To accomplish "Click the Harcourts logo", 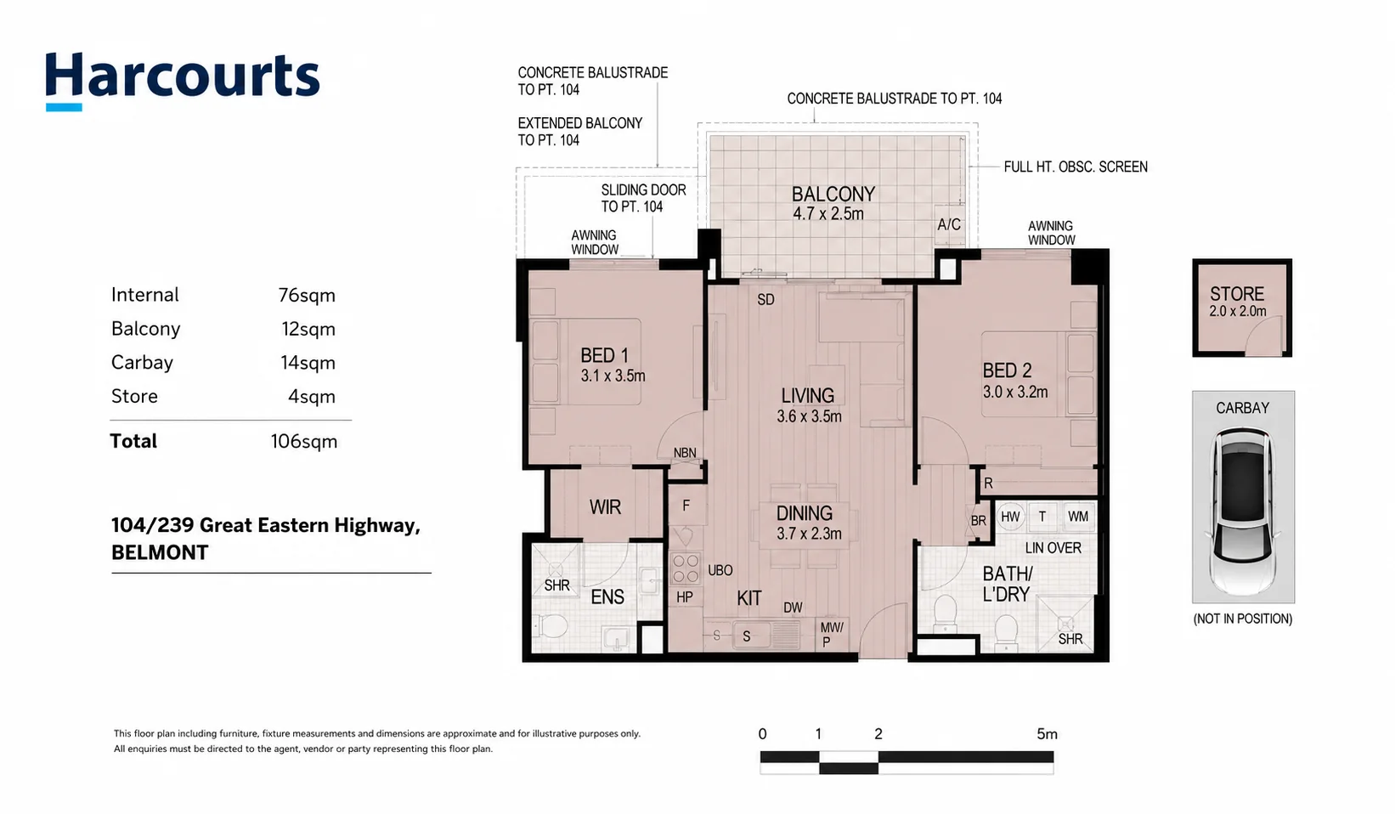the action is tap(183, 81).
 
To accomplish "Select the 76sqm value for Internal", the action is tap(307, 295).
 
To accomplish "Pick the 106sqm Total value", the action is tap(304, 442).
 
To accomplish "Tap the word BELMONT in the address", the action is tap(160, 552).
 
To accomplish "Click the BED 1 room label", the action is tap(604, 356).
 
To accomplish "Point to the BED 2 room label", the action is tap(1007, 371).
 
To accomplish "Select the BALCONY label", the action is tap(833, 195).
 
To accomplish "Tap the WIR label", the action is tap(606, 507).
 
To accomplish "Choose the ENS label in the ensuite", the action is tap(607, 597).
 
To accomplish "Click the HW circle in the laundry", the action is tap(1010, 517).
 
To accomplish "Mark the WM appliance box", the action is tap(1078, 517).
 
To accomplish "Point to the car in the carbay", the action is tap(1243, 511).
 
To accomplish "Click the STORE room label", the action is tap(1237, 294).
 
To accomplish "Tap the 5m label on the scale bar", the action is tap(1047, 734).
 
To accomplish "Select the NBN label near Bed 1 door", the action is tap(685, 454).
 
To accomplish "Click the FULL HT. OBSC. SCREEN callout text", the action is tap(1076, 167).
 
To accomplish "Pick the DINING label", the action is tap(804, 514).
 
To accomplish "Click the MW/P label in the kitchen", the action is tap(832, 635).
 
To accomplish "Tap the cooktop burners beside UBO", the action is tap(686, 568).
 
